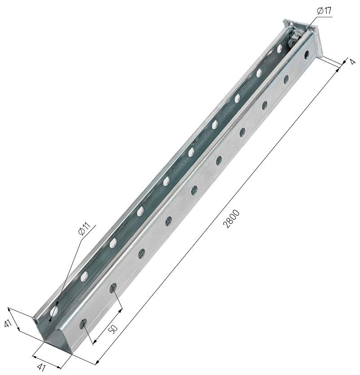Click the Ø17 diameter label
pos(324,11)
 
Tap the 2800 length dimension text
pos(231,219)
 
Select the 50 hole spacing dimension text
pos(113,329)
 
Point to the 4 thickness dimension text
pos(352,62)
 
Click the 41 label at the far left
pos(8,324)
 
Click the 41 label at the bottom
pos(42,367)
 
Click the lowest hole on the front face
pos(83,324)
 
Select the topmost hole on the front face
pos(307,54)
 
